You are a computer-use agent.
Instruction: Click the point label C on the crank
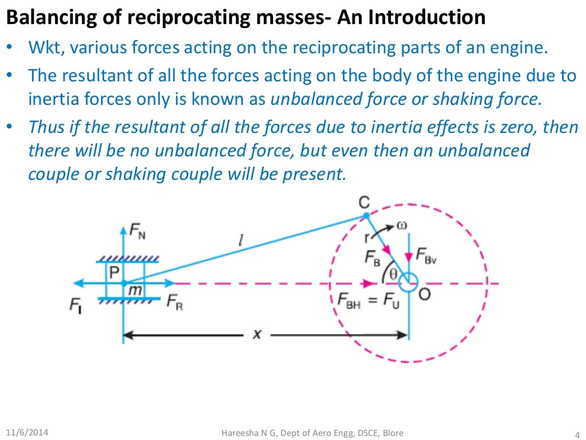coord(364,203)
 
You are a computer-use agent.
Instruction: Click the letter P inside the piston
coord(114,270)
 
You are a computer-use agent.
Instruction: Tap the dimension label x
coord(257,333)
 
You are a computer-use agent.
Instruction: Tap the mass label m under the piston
coord(135,291)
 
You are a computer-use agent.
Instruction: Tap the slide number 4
coord(576,433)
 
